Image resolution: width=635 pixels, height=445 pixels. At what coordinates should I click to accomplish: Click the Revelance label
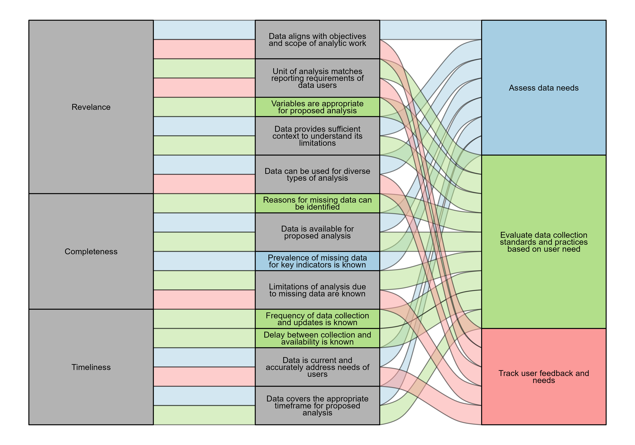coord(91,107)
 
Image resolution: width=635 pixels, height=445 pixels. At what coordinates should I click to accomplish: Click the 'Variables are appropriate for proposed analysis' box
coord(317,107)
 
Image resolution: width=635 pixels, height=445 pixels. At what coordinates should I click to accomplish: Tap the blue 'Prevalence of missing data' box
coord(317,261)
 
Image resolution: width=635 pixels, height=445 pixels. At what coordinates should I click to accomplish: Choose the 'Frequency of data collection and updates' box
coord(317,319)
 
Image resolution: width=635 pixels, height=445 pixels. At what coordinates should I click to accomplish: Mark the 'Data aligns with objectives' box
coord(317,40)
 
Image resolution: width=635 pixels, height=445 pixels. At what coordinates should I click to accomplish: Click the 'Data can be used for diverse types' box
coord(317,175)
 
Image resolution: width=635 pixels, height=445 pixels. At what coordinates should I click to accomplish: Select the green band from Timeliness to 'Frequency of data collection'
coord(204,319)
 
